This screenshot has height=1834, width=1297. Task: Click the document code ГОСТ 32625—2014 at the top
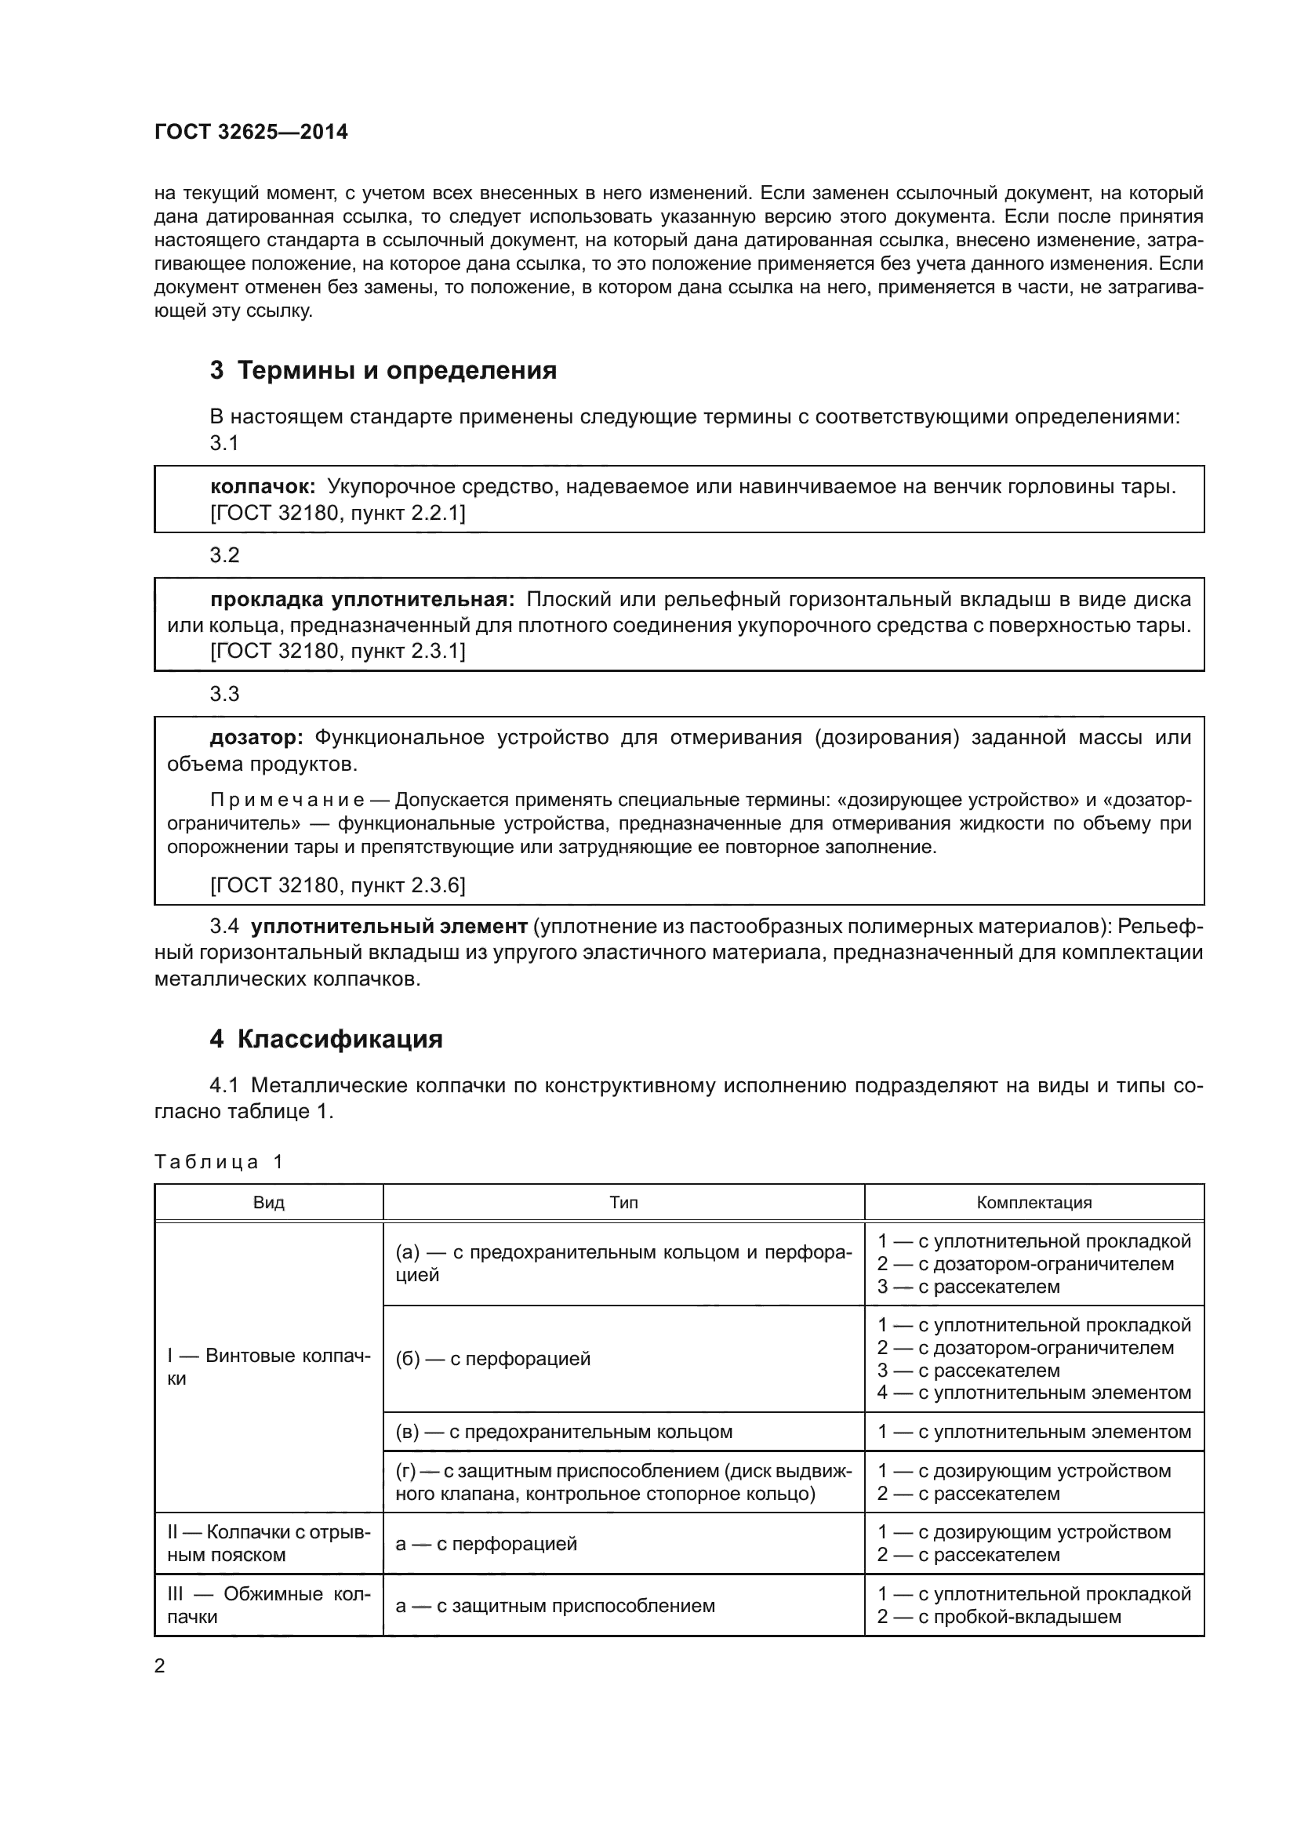[251, 133]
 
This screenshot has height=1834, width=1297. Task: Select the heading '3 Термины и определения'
[383, 371]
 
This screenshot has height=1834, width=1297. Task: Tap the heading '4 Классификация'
[326, 1039]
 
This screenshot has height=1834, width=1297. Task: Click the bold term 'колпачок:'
[263, 486]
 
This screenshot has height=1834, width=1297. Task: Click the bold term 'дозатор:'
[256, 737]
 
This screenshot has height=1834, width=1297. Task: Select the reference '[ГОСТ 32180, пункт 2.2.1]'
[337, 513]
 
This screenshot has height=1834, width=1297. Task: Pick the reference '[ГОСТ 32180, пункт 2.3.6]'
[337, 885]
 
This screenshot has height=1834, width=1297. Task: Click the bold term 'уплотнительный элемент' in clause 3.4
[389, 927]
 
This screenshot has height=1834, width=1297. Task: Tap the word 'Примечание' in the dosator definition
[288, 801]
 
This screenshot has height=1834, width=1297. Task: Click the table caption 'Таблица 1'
[218, 1162]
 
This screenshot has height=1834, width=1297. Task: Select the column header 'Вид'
[268, 1203]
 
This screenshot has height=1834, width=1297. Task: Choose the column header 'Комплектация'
[1034, 1203]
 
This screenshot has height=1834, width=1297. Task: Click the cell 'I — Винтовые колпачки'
[268, 1367]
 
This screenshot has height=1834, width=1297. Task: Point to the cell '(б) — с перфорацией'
[492, 1359]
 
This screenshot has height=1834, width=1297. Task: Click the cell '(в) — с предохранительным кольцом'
[564, 1432]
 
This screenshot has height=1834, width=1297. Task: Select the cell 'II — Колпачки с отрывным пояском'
[268, 1543]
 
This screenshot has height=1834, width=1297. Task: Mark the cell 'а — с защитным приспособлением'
[555, 1606]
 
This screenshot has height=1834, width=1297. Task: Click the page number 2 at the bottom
[160, 1666]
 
